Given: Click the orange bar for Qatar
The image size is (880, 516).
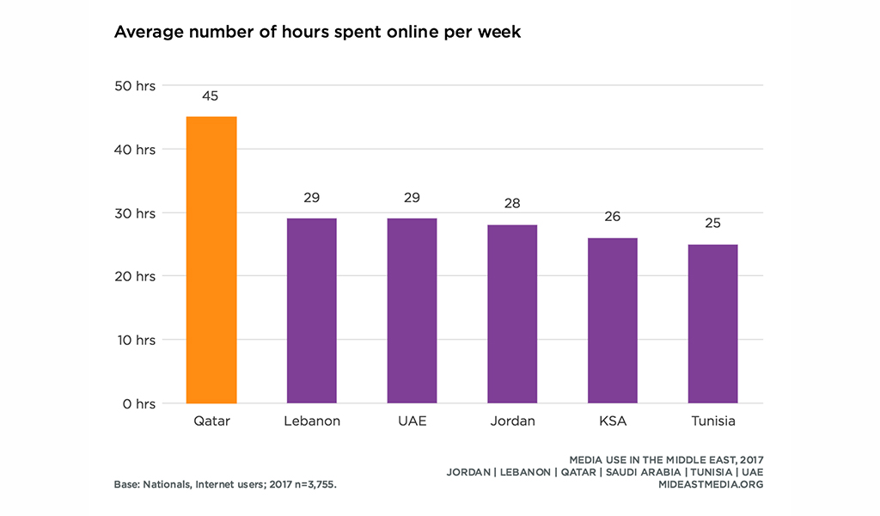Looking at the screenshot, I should point(211,260).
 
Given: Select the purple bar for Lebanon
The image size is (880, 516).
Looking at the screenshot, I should point(311,310).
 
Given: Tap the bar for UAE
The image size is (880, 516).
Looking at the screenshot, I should point(412,310).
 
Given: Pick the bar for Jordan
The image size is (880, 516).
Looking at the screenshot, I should point(512,314).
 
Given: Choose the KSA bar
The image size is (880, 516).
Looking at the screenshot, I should point(613,320).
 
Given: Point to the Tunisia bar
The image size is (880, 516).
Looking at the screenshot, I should point(713,323).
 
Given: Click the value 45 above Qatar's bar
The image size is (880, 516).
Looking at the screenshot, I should point(211,95).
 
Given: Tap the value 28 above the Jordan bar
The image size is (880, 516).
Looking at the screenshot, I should point(512,204).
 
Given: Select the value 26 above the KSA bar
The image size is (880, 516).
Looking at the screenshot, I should point(613,216).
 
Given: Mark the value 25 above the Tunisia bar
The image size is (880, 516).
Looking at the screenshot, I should point(713,223).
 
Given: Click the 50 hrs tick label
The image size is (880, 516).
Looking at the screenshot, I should point(135,85).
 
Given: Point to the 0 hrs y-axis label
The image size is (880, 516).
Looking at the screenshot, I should point(138,403).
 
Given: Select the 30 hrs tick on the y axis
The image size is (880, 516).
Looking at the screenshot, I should point(135,212).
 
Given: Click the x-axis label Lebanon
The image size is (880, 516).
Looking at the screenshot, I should point(311,421).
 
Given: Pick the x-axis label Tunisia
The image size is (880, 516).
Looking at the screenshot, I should point(713,421).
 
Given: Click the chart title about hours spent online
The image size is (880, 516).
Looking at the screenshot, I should point(317,34).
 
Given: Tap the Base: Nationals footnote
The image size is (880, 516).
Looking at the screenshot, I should point(225,484).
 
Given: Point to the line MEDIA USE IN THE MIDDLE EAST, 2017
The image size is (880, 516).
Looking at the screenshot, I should point(666,459).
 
